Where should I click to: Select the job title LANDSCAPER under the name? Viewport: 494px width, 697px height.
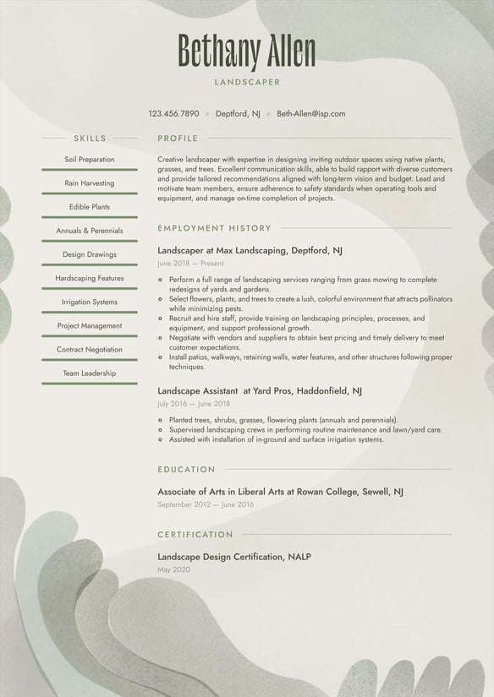pos(247,83)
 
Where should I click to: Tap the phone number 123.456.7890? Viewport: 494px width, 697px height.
pos(174,113)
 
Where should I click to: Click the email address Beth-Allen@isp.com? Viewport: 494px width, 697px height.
pos(310,113)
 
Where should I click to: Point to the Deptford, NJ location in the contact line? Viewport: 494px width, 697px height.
pos(238,113)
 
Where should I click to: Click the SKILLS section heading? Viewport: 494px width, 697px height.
pos(90,139)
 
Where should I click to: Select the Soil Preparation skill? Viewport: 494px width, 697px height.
pos(90,160)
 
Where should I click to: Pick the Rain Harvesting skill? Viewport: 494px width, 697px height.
pos(90,183)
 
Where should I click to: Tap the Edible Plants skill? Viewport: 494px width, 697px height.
pos(90,207)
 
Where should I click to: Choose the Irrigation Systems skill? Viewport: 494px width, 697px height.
pos(90,302)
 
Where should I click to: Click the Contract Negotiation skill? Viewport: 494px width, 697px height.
pos(90,349)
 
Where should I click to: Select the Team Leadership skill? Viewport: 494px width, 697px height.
pos(90,373)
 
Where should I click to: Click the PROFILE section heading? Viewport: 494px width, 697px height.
pos(178,139)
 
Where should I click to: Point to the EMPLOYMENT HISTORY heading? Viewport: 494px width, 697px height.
pos(214,228)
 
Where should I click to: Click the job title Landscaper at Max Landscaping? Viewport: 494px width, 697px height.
pos(250,251)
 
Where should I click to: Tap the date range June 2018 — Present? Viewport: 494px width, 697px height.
pos(190,264)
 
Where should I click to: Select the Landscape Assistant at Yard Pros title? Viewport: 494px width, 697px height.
pos(260,391)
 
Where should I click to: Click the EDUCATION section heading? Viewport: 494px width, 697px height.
pos(186,470)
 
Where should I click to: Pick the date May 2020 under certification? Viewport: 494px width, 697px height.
pos(173,569)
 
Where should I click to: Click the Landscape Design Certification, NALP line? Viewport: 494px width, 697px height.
pos(234,557)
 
